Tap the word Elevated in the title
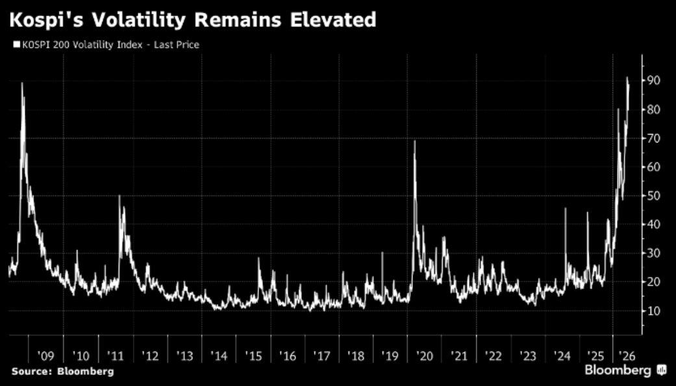tap(333, 20)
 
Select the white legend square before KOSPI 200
tap(17, 44)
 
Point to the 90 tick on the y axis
tap(651, 81)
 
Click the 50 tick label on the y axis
tap(651, 196)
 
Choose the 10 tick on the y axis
tap(651, 311)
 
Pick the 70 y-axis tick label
tap(651, 138)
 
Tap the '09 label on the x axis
tap(45, 356)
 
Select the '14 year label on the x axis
tap(219, 356)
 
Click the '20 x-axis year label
tap(425, 356)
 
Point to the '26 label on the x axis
tap(627, 356)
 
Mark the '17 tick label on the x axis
tap(321, 356)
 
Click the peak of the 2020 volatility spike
tap(415, 140)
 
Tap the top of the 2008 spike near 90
tap(21, 83)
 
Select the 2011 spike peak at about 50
tap(119, 196)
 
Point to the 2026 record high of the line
tap(627, 77)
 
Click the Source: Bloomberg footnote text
tap(62, 371)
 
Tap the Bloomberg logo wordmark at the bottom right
tap(618, 370)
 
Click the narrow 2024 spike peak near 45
tap(566, 209)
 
